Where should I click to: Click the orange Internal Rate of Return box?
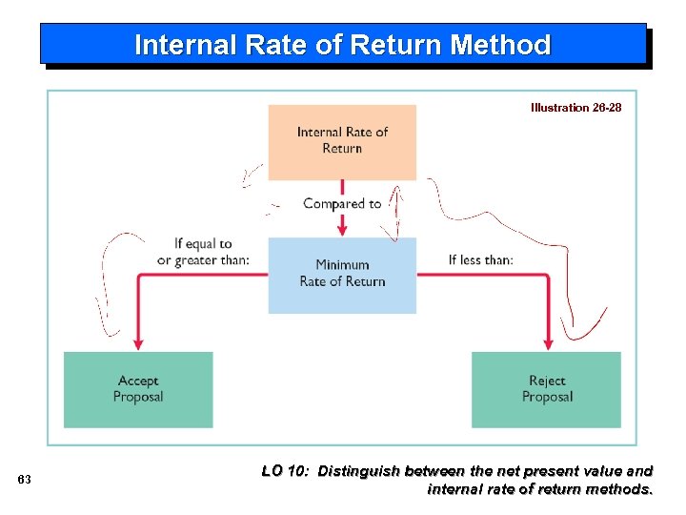coord(342,141)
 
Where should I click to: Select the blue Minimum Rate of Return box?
coord(342,275)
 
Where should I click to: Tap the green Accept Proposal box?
coord(138,389)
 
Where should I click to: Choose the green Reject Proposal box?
coord(547,389)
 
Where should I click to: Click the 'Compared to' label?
coord(341,203)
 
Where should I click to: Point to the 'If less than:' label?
coord(480,259)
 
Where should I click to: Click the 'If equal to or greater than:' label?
coord(204,252)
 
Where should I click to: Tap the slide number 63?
coord(25,480)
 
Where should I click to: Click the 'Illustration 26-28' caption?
coord(575,108)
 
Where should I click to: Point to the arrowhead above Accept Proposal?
coord(138,342)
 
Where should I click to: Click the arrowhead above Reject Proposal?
coord(548,342)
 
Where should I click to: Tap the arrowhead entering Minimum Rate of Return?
coord(342,230)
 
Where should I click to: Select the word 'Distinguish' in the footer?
coord(359,470)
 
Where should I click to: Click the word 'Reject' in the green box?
coord(547,381)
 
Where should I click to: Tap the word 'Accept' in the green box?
coord(138,381)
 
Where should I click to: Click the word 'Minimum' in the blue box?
coord(342,265)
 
